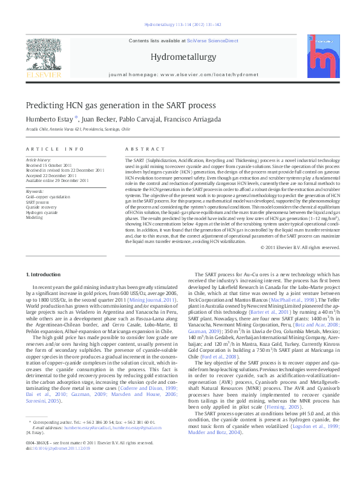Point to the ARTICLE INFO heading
point(54,149)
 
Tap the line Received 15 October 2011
point(49,164)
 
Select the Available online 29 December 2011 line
point(57,180)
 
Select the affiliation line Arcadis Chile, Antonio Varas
point(78,129)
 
